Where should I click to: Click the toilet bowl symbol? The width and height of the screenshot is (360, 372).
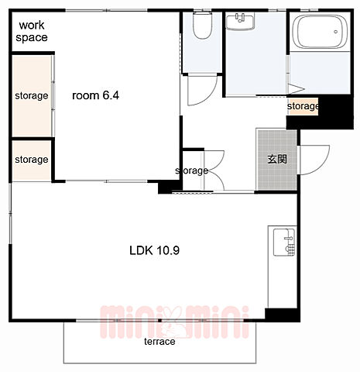tap(203, 25)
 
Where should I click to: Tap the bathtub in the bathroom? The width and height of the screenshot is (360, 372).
tap(321, 30)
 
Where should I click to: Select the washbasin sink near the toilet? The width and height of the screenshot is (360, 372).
tap(240, 22)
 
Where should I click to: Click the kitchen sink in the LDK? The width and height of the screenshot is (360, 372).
tap(284, 242)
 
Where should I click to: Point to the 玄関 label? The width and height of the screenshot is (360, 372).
tap(277, 159)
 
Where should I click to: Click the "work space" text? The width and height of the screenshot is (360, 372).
tap(32, 31)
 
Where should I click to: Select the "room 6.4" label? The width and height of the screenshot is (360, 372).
tap(95, 95)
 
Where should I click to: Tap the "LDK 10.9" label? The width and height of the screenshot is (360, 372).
tap(154, 250)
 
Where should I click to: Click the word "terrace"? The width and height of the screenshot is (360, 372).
tap(159, 342)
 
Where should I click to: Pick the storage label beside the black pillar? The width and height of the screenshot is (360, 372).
tap(303, 106)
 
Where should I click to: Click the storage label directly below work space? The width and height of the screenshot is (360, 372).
tap(32, 96)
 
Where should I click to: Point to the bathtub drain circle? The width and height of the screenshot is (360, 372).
tap(335, 32)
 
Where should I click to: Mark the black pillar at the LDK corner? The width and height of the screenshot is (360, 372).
tap(283, 315)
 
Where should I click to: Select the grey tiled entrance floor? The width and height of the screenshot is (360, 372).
tap(277, 160)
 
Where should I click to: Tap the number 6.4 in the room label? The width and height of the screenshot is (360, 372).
tap(111, 95)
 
